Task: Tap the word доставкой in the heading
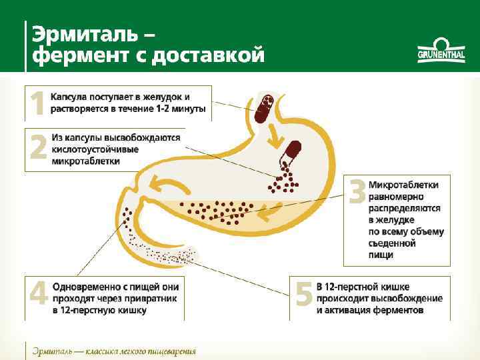pyautogui.click(x=208, y=55)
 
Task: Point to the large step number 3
pyautogui.click(x=357, y=193)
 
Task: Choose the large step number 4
pyautogui.click(x=38, y=294)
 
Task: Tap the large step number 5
pyautogui.click(x=304, y=294)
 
